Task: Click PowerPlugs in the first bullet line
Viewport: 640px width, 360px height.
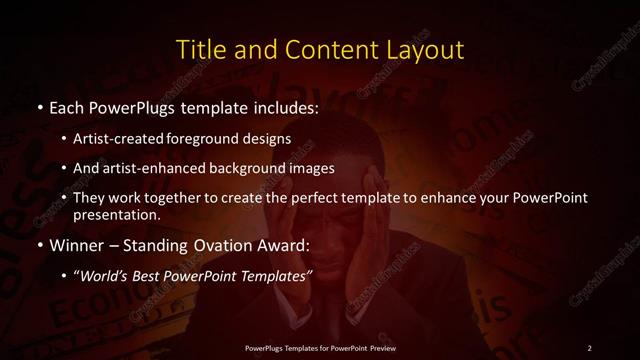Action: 135,106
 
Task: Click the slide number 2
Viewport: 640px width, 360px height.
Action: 590,347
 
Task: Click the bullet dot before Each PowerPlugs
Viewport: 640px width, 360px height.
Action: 39,107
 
